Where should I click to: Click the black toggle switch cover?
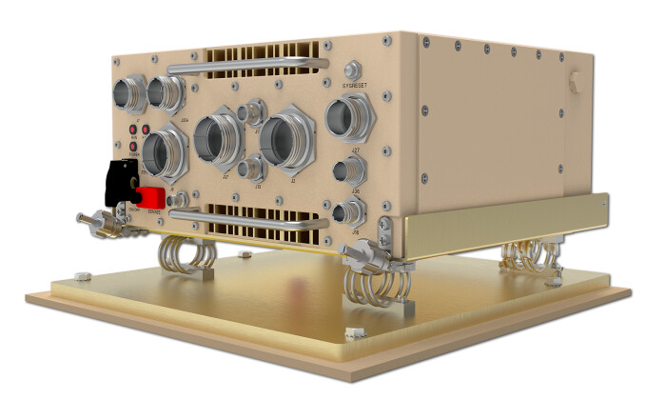click(118, 180)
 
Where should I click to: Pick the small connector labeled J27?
click(344, 171)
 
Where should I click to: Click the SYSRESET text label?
click(353, 84)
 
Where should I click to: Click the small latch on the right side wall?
click(574, 83)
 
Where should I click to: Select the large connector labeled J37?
click(217, 141)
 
